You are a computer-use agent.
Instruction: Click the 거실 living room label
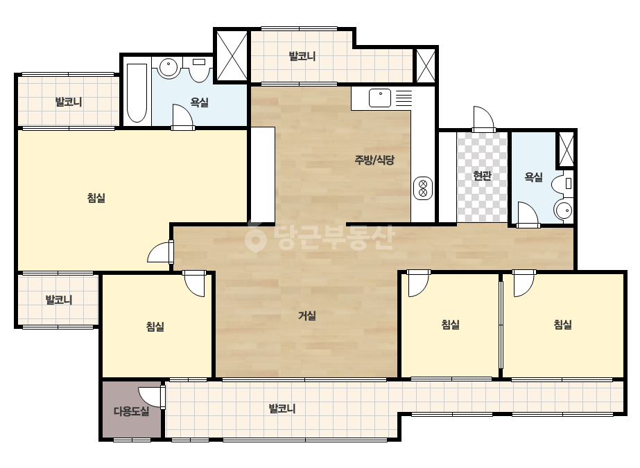point(307,316)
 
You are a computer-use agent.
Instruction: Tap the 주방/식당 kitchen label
point(374,160)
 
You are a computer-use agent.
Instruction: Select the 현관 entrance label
point(482,176)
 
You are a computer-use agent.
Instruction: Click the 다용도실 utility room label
point(131,411)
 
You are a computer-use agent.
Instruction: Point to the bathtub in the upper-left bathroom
point(137,93)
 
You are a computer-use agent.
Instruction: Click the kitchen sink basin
point(380,98)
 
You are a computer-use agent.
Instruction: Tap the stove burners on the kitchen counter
point(423,188)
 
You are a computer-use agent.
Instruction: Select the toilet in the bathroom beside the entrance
point(563,184)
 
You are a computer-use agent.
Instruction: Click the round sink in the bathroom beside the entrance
point(564,210)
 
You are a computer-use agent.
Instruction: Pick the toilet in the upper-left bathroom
point(199,70)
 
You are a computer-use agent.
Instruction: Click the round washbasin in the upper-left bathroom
point(168,68)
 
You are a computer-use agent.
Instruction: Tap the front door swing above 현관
point(484,119)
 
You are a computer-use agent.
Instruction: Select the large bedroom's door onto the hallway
point(160,251)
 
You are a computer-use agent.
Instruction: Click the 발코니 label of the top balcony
point(302,56)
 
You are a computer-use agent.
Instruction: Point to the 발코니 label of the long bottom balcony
point(282,408)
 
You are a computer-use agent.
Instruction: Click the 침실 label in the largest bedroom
point(96,198)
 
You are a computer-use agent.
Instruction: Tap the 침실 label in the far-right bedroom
point(562,325)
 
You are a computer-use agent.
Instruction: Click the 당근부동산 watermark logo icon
point(255,237)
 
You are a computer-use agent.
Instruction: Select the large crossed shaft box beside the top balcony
point(232,56)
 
